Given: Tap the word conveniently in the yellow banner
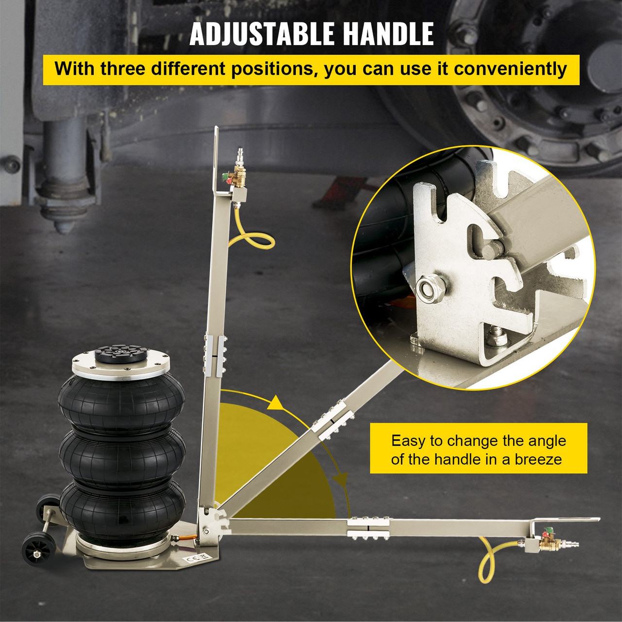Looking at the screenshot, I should click(510, 69).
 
